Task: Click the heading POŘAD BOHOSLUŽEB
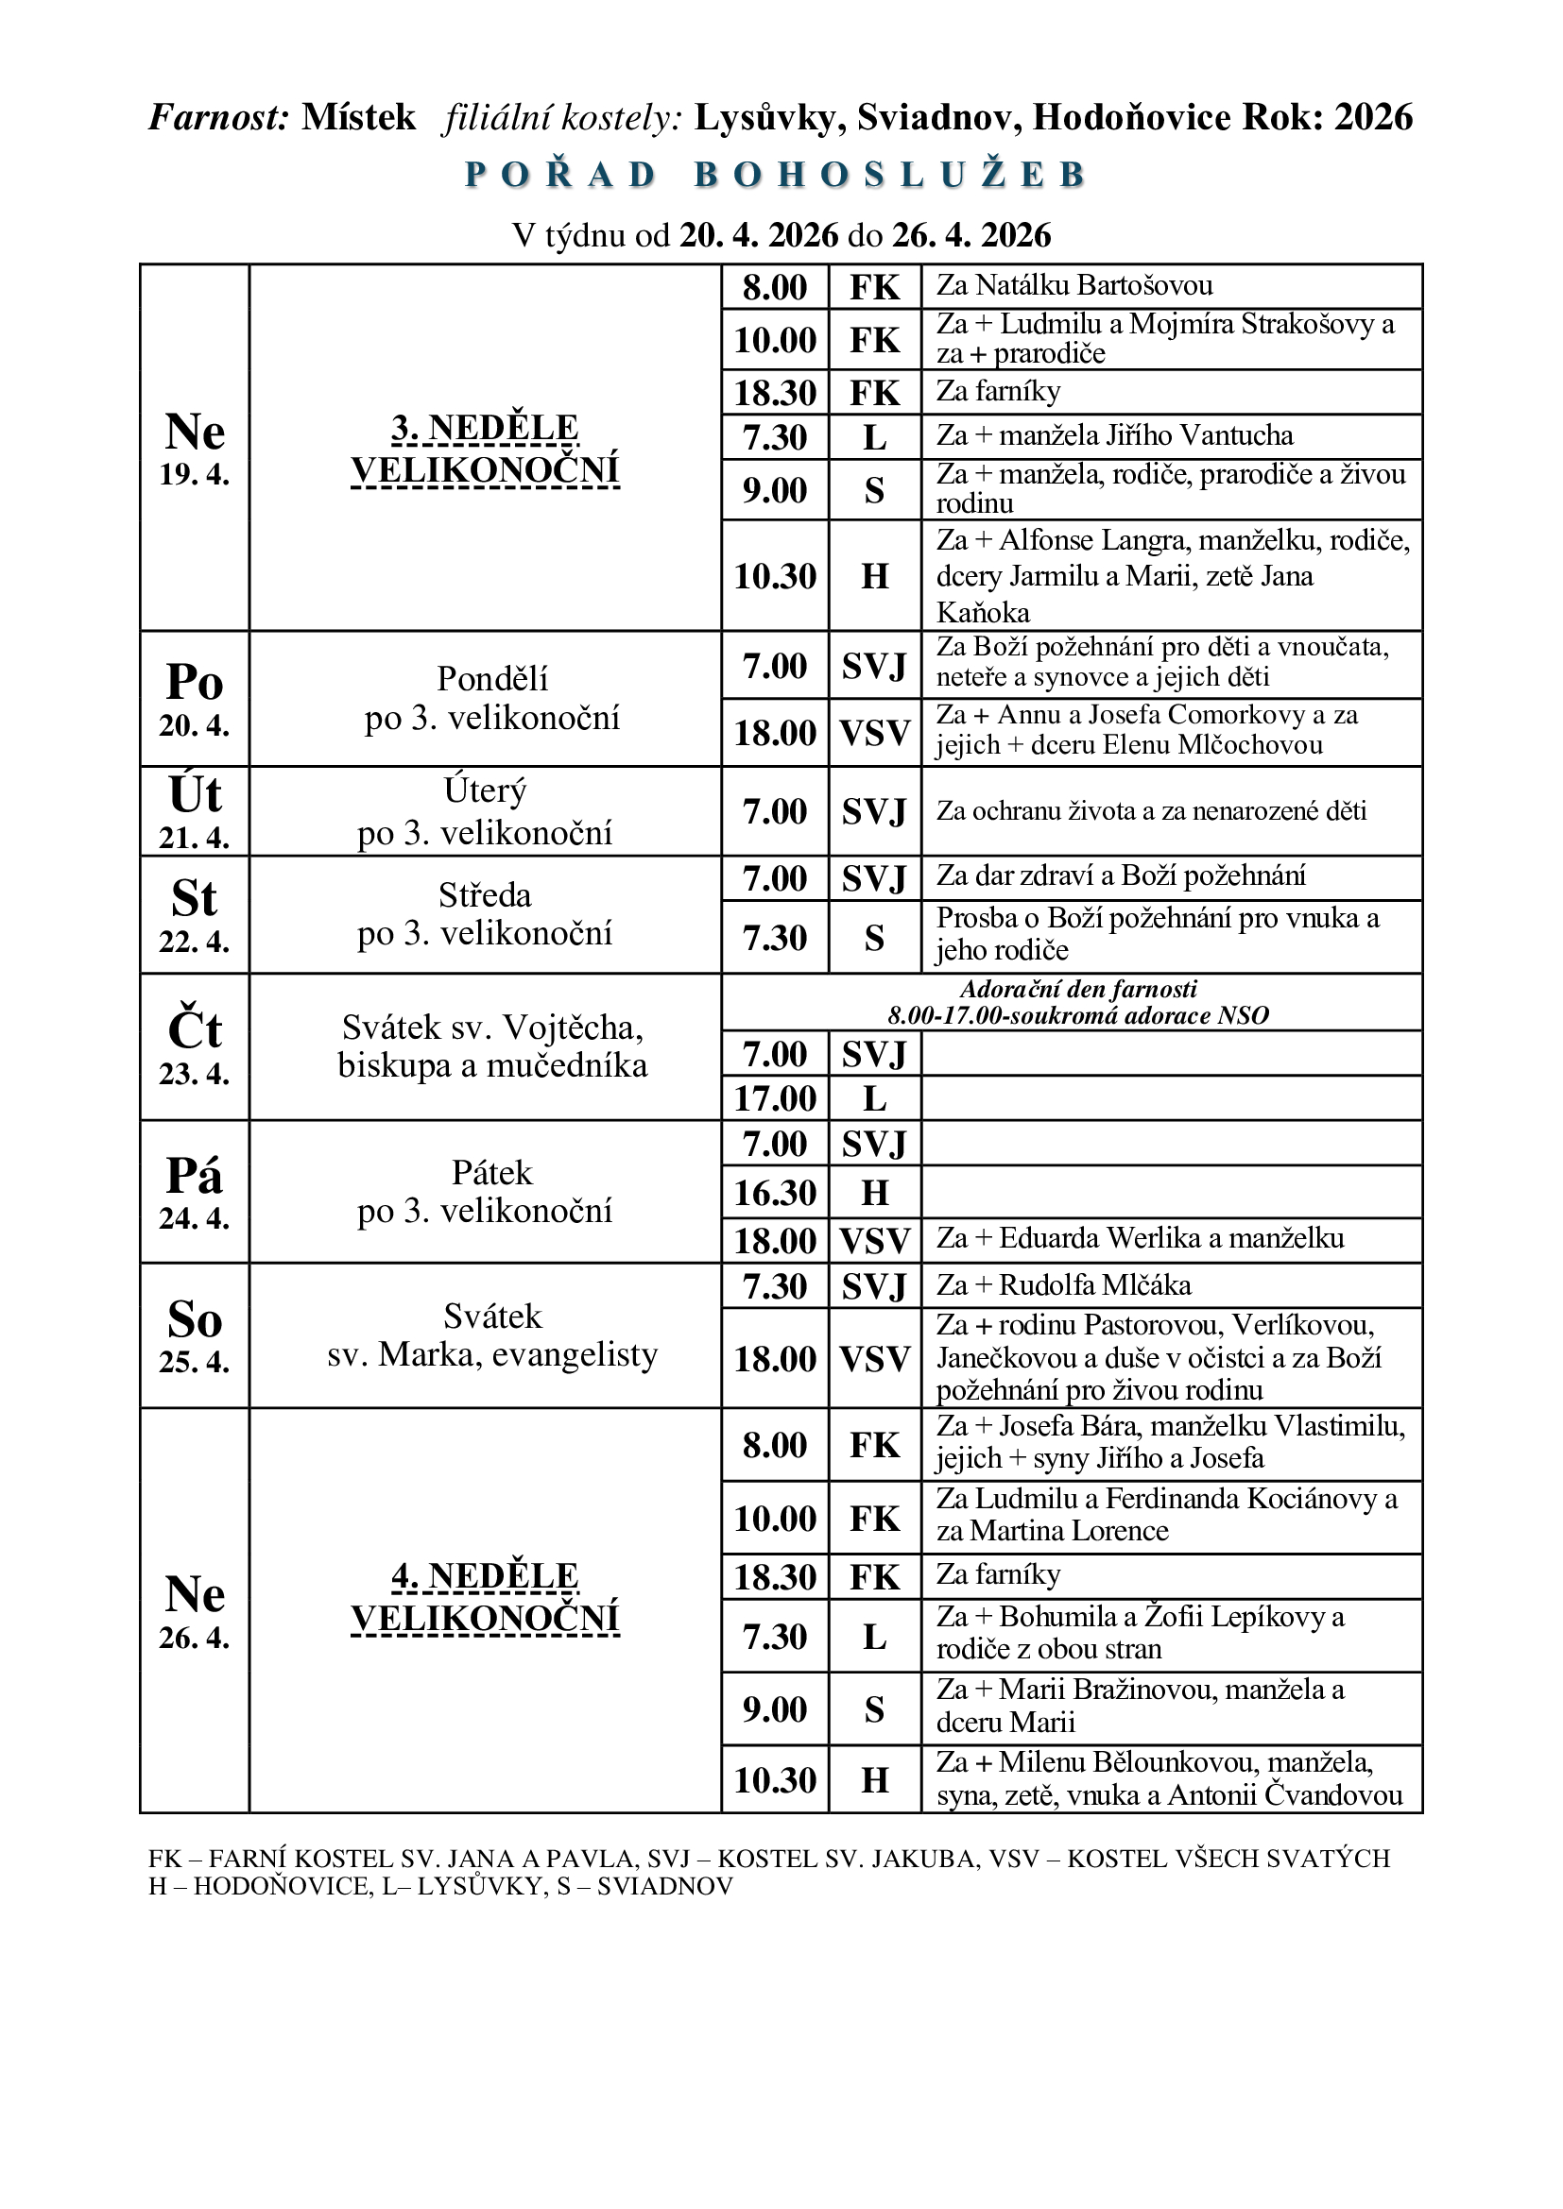tap(776, 175)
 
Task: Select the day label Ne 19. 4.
tap(195, 448)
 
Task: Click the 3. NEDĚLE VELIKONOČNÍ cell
tap(485, 450)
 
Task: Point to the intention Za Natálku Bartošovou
tap(1074, 286)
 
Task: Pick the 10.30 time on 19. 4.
tap(775, 576)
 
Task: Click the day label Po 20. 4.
tap(195, 699)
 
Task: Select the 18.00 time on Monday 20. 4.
tap(775, 733)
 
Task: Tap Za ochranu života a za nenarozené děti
tap(1151, 811)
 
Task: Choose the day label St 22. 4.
tap(195, 914)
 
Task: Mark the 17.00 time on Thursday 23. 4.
tap(775, 1097)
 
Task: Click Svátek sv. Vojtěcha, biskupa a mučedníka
tap(491, 1046)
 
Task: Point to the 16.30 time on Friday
tap(775, 1193)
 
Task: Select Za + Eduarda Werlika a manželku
tap(1140, 1238)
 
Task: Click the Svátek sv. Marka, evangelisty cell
tap(491, 1335)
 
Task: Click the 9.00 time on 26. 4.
tap(775, 1708)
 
